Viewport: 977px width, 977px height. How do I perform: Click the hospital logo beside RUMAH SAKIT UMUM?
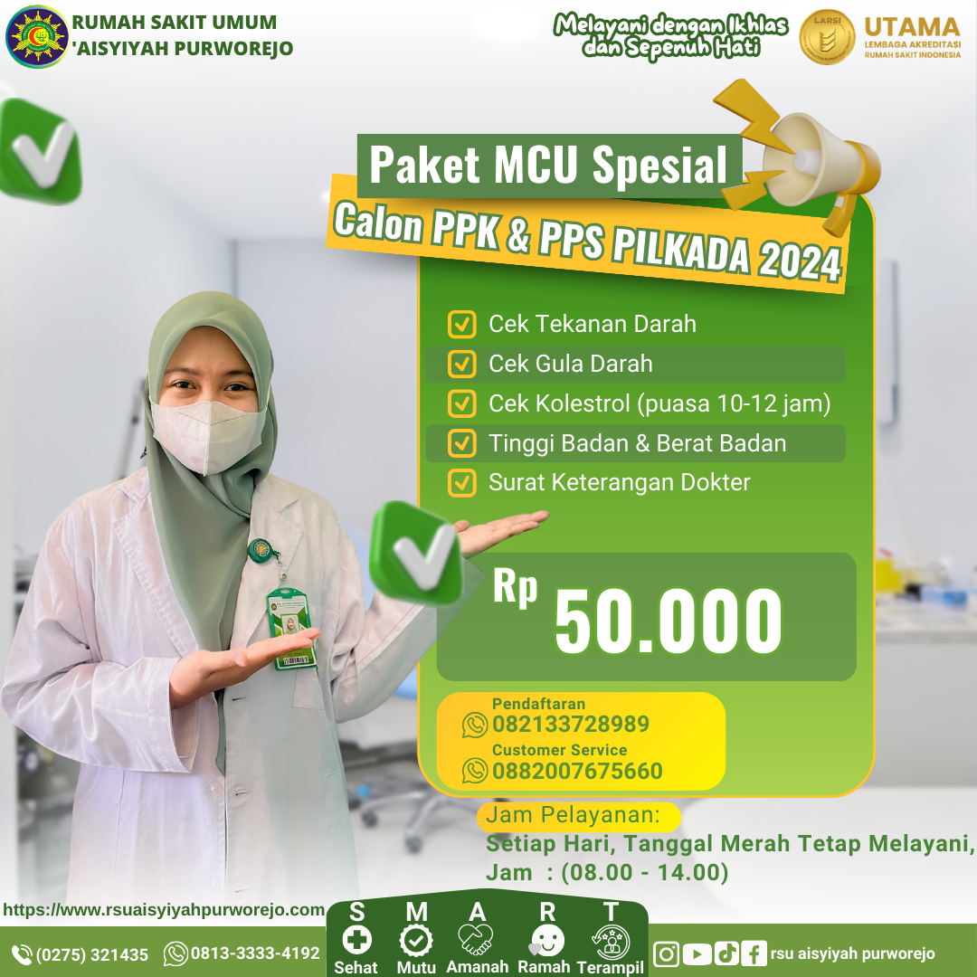tap(37, 36)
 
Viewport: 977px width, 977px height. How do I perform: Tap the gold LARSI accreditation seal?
tap(827, 37)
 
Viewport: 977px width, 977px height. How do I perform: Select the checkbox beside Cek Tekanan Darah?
tap(461, 324)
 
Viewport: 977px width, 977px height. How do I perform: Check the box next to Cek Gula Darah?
tap(461, 364)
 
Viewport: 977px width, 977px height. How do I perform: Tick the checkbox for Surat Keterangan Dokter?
tap(461, 483)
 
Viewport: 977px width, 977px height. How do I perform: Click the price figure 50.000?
tap(668, 621)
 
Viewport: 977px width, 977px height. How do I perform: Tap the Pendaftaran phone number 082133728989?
tap(570, 724)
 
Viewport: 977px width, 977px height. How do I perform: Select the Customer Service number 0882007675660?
tap(577, 771)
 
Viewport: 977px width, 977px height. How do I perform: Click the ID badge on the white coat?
tap(291, 628)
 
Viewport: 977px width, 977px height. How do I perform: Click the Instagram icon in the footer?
tap(666, 954)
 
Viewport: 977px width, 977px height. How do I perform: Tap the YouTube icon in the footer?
tap(697, 954)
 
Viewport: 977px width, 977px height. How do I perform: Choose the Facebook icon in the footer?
tap(754, 954)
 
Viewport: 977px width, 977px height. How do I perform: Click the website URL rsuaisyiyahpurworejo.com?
tap(163, 910)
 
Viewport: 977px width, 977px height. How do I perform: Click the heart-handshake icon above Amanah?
tap(476, 940)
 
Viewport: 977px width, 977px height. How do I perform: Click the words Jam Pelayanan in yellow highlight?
tap(573, 814)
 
